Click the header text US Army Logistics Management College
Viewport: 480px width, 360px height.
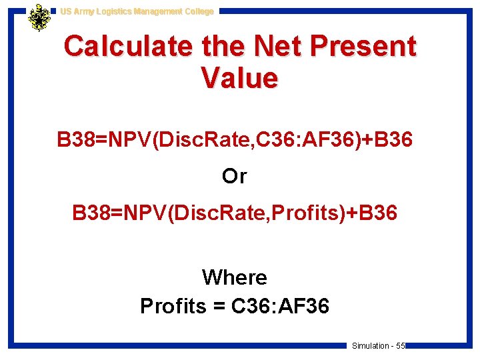click(137, 11)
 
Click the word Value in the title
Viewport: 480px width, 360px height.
click(239, 79)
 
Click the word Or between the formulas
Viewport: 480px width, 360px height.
click(235, 177)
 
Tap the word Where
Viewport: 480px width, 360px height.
click(235, 277)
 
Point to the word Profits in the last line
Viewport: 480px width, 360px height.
click(173, 306)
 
